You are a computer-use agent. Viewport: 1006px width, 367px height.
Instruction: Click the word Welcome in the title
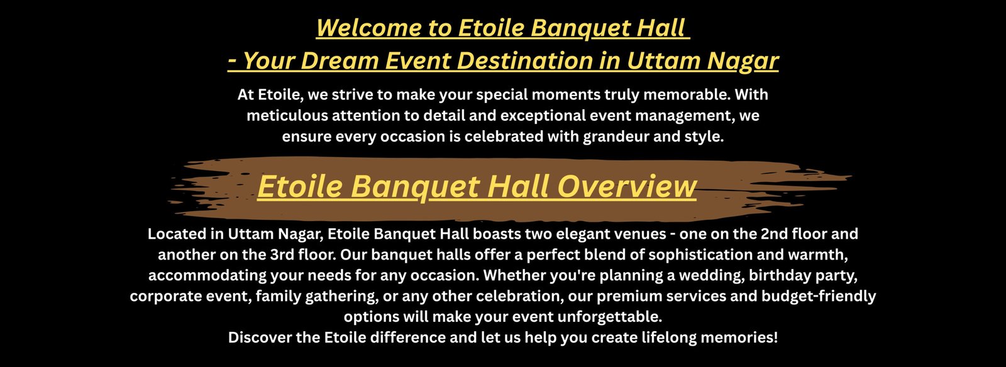[368, 28]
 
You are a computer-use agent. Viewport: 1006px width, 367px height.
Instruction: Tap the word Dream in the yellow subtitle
[340, 60]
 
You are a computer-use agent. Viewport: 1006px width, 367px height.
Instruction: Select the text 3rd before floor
[282, 255]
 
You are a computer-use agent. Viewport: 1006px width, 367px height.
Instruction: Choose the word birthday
[780, 275]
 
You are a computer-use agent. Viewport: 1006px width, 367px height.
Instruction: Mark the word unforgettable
[609, 317]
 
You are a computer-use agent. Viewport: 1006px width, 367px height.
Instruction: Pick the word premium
[626, 297]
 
